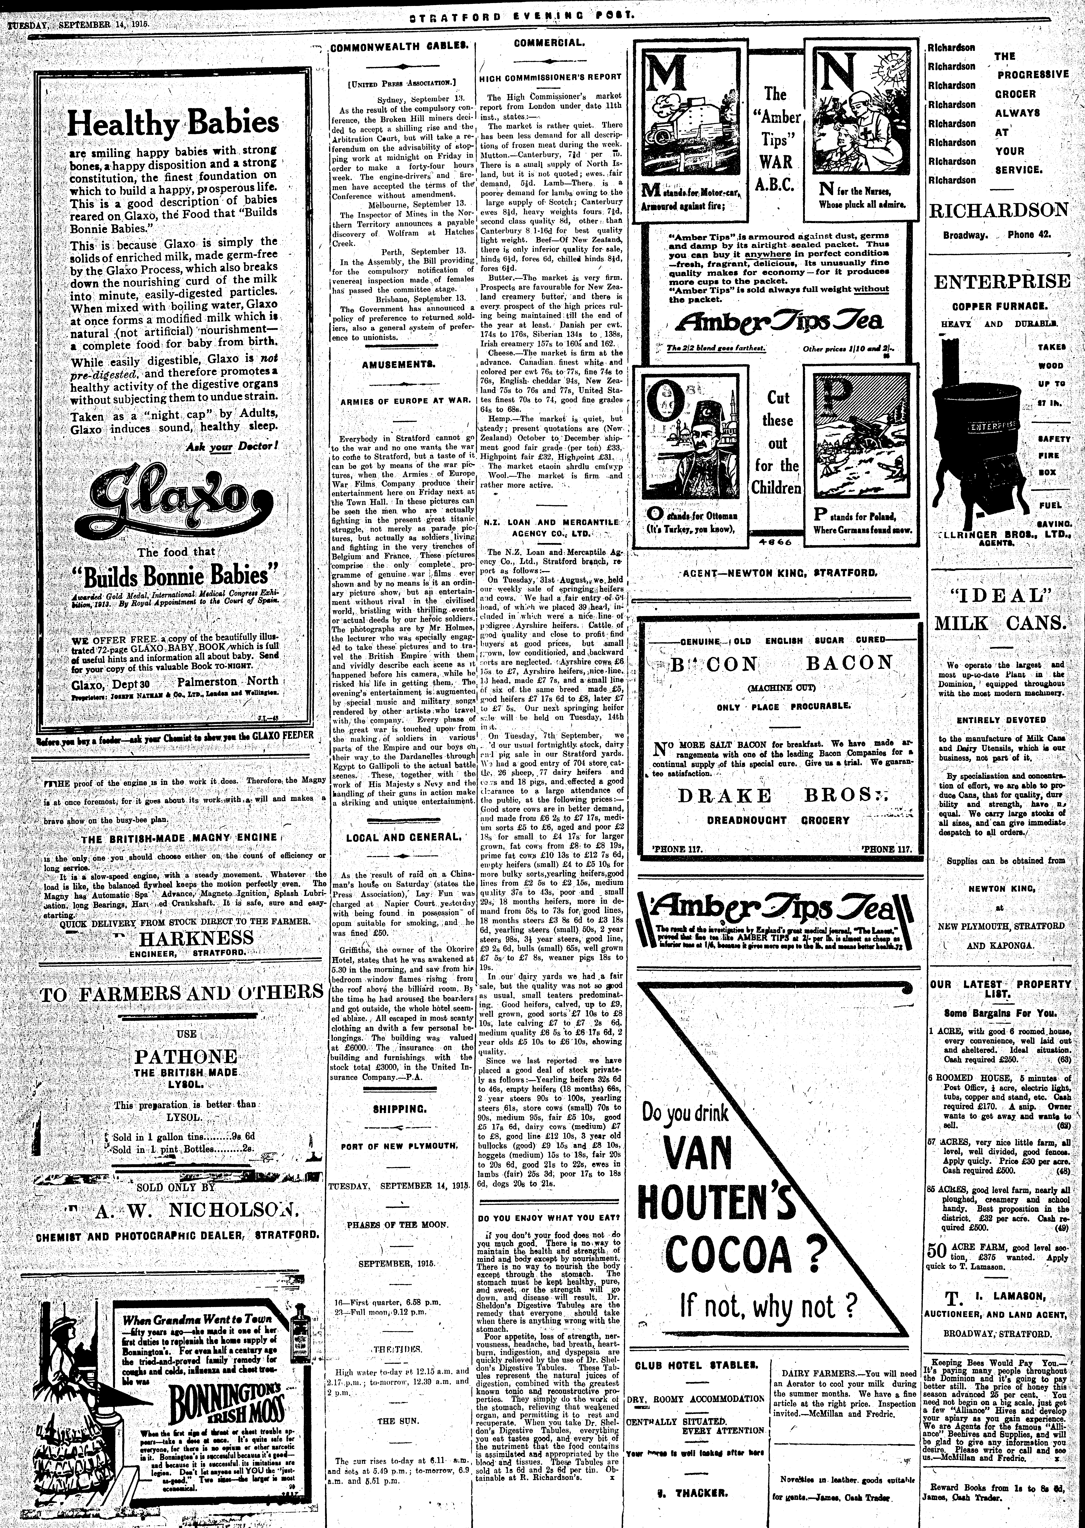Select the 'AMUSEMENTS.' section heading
pyautogui.click(x=398, y=365)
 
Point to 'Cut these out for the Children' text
pyautogui.click(x=778, y=442)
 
